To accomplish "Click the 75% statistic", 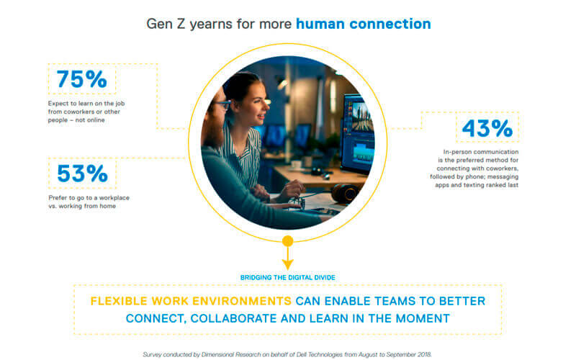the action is point(81,79).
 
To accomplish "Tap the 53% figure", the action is point(82,174).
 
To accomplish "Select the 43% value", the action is point(487,128).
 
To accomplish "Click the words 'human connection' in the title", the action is point(364,24).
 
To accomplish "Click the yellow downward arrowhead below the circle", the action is point(287,264).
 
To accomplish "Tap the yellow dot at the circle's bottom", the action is point(287,241).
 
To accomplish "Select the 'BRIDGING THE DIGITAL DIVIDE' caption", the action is point(287,277).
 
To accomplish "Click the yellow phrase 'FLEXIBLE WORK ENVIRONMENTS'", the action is point(191,301).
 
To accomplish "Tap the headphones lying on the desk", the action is point(345,193).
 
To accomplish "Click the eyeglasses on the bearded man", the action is point(222,105).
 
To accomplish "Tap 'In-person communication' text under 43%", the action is point(481,152).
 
